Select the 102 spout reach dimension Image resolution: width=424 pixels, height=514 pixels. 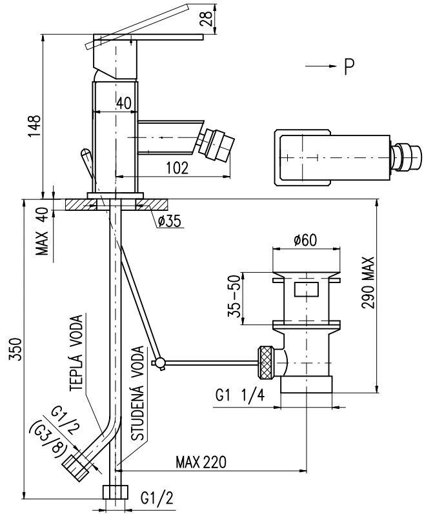click(x=177, y=168)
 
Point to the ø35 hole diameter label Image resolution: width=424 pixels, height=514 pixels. click(x=169, y=222)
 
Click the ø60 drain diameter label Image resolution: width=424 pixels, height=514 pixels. click(x=306, y=241)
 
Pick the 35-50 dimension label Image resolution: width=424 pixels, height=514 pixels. click(x=235, y=297)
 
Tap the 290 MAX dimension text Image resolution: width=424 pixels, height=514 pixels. click(x=368, y=282)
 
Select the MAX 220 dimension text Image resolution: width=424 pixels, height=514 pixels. click(x=201, y=462)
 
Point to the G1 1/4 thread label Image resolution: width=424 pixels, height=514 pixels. click(x=240, y=396)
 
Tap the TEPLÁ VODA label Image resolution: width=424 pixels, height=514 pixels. click(x=76, y=353)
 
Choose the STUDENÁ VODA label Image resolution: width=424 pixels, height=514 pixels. click(x=137, y=393)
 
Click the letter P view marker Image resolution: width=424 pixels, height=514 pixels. click(x=350, y=67)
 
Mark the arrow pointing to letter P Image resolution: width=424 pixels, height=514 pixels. click(x=321, y=66)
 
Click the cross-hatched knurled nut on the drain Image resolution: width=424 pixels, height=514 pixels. click(x=267, y=362)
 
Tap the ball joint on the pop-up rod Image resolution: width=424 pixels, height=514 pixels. click(x=160, y=362)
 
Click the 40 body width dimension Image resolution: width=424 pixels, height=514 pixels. click(x=124, y=103)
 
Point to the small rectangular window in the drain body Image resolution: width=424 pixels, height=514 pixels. click(x=307, y=290)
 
